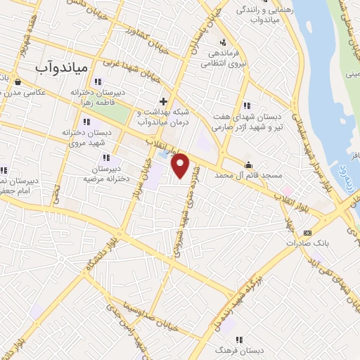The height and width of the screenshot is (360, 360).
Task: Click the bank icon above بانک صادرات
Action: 307,233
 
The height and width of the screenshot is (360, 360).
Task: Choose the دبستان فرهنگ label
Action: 238,349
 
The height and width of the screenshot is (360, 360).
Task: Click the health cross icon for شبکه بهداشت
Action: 164,101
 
